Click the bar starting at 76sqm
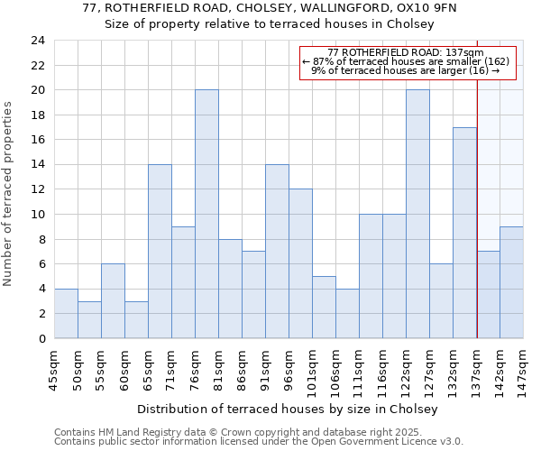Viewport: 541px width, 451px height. pyautogui.click(x=206, y=214)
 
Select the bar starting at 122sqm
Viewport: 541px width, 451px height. pyautogui.click(x=417, y=214)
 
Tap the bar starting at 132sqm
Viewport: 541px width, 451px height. pyautogui.click(x=464, y=233)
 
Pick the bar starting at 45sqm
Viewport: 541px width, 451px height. pyautogui.click(x=66, y=313)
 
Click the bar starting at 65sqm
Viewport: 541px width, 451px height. pyautogui.click(x=160, y=251)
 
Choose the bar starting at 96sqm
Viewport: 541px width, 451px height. pyautogui.click(x=300, y=263)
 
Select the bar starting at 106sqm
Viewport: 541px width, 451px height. pyautogui.click(x=347, y=313)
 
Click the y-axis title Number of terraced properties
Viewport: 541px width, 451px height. pyautogui.click(x=9, y=193)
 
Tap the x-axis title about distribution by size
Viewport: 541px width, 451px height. pyautogui.click(x=289, y=409)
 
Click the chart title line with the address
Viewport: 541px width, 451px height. pyautogui.click(x=270, y=8)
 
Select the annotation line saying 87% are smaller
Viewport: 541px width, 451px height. pyautogui.click(x=406, y=61)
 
